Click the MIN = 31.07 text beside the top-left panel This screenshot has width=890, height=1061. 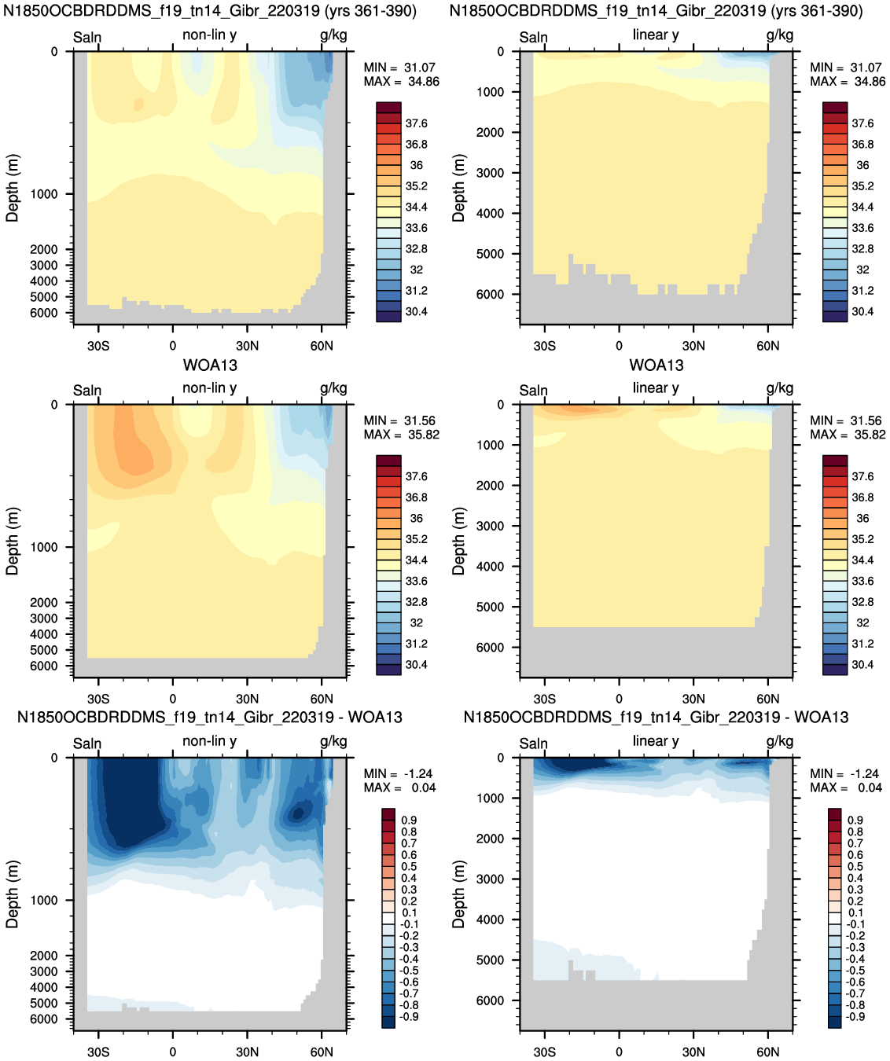click(x=399, y=68)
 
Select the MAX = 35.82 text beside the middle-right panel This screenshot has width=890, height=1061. click(x=848, y=435)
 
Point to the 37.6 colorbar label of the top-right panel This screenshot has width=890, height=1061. click(x=862, y=123)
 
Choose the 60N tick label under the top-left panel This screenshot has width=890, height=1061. click(x=322, y=346)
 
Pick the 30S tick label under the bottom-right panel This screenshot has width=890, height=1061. click(x=544, y=1052)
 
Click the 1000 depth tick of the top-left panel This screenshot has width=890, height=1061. click(x=44, y=194)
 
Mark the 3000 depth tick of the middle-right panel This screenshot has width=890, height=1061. click(x=490, y=526)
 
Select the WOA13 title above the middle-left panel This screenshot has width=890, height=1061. click(x=210, y=365)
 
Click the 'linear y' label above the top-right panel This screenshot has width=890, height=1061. click(x=656, y=35)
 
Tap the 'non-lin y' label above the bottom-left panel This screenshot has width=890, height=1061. click(x=209, y=741)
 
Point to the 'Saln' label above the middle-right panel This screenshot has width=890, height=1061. click(x=533, y=391)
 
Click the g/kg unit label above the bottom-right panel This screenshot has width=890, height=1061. click(x=780, y=742)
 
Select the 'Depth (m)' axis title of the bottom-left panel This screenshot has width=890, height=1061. click(x=12, y=894)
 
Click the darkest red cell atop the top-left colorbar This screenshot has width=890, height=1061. click(x=389, y=107)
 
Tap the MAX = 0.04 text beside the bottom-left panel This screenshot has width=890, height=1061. click(x=399, y=787)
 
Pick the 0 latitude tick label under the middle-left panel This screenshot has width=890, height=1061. click(x=173, y=699)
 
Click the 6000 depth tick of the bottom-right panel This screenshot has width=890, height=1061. click(x=490, y=1000)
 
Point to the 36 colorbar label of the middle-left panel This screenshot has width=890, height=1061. click(x=416, y=518)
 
